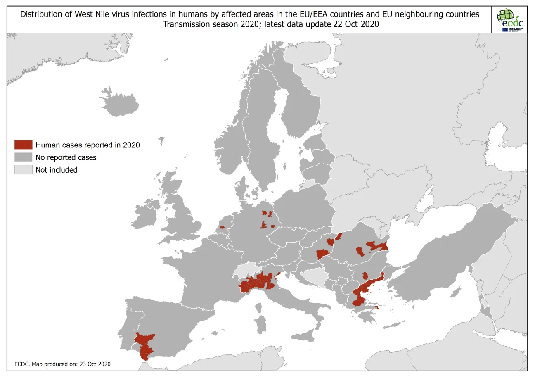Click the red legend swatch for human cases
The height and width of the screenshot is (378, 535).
(23, 145)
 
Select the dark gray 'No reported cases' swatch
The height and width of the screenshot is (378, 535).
(23, 157)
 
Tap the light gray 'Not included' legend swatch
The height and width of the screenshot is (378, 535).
(23, 170)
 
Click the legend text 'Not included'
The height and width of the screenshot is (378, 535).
(56, 170)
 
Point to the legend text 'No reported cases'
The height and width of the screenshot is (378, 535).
(66, 157)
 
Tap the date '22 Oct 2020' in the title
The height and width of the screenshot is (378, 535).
(355, 24)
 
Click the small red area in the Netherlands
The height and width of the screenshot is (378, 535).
(222, 227)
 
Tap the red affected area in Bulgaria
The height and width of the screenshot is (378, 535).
(365, 276)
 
